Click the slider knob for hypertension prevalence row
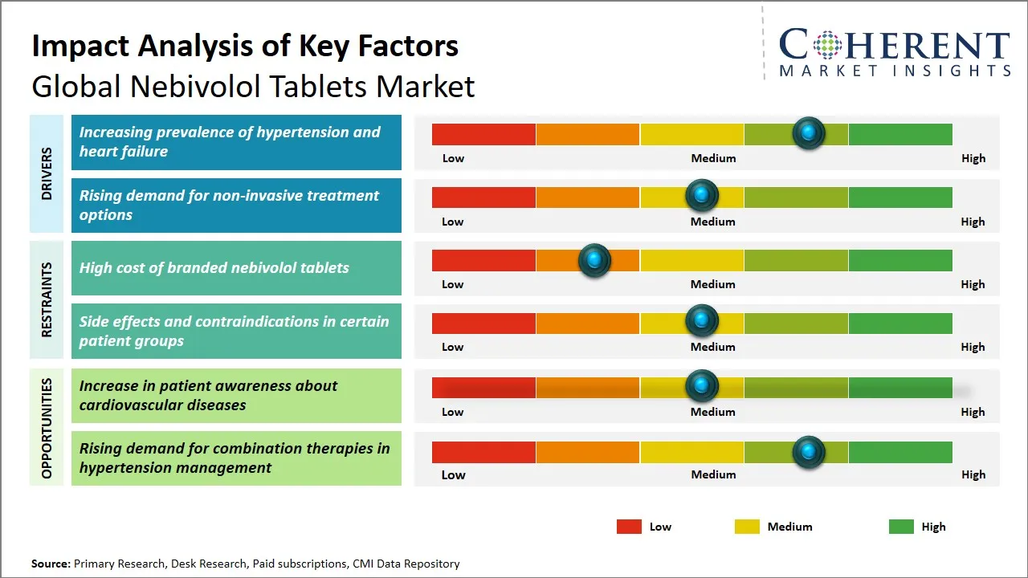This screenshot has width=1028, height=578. tap(809, 132)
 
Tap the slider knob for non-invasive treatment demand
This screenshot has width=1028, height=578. tap(702, 195)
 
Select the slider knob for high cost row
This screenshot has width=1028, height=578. tap(594, 259)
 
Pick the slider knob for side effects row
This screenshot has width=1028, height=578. tap(702, 321)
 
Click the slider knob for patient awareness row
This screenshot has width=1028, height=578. tap(702, 386)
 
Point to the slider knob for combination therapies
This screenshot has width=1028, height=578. tap(809, 452)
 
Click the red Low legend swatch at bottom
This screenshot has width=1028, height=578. tap(629, 527)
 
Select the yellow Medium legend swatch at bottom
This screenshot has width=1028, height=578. tap(747, 527)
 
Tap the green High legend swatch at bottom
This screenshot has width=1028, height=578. tap(901, 527)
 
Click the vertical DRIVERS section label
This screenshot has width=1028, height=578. tap(47, 173)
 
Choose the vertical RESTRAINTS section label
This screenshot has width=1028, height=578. tap(47, 299)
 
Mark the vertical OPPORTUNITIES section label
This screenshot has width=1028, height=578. tap(47, 428)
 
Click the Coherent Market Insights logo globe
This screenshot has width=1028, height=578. tap(826, 45)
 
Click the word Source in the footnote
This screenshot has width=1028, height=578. tap(51, 564)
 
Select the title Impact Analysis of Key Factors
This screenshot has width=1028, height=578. tap(245, 47)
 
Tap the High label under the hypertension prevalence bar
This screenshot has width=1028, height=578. tap(973, 158)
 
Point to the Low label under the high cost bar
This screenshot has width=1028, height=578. tap(452, 284)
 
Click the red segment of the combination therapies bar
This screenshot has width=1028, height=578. tap(483, 452)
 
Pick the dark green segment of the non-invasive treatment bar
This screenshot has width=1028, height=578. tap(899, 197)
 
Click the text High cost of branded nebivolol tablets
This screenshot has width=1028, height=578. tap(214, 268)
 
